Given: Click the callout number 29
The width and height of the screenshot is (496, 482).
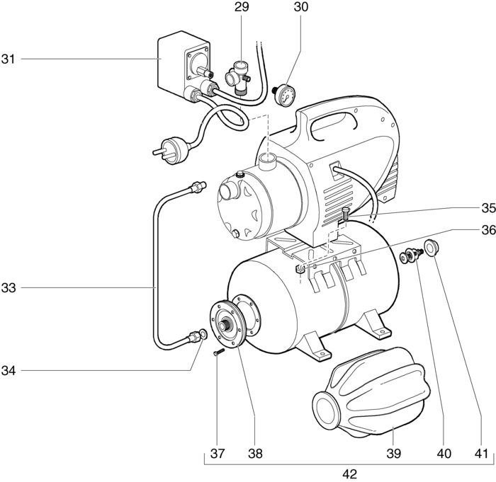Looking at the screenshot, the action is (242, 7).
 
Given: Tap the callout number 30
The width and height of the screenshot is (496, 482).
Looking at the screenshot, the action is (300, 7).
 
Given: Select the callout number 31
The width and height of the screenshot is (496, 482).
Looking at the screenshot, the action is (8, 59).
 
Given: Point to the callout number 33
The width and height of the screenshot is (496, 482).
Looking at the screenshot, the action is (9, 288).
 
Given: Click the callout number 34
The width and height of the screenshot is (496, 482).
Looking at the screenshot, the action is (9, 370).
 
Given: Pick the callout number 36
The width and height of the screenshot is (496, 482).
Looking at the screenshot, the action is (488, 230).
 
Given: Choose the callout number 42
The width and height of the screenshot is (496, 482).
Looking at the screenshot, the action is (349, 474).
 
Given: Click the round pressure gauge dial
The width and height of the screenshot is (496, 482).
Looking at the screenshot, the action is (286, 95).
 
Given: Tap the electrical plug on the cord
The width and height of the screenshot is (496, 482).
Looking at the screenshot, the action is (171, 151).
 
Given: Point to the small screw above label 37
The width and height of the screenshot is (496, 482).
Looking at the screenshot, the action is (219, 352).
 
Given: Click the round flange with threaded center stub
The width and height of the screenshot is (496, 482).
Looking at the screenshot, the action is (227, 325).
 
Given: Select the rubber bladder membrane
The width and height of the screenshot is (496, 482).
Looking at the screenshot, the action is (371, 393).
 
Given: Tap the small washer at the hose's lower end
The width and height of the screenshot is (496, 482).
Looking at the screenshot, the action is (203, 334).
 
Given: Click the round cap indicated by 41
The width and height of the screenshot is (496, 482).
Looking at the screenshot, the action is (431, 247).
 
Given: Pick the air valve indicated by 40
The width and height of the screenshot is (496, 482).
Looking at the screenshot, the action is (412, 256).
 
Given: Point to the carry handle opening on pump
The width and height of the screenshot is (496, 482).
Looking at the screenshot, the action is (334, 126).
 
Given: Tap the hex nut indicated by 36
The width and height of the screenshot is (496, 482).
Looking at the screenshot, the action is (300, 269).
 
